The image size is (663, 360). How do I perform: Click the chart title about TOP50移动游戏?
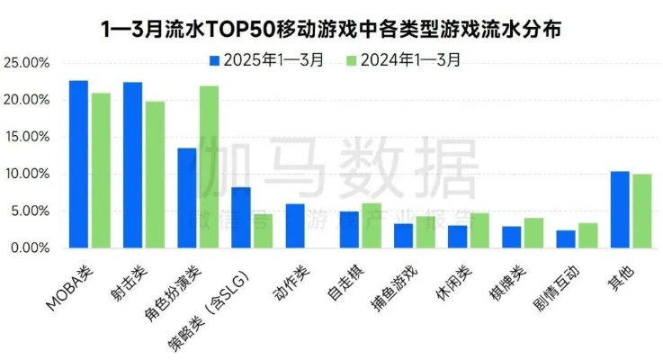tap(330, 28)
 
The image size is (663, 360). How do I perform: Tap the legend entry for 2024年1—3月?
tap(405, 61)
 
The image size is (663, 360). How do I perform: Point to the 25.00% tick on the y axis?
tap(26, 64)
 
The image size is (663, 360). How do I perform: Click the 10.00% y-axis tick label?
tap(26, 174)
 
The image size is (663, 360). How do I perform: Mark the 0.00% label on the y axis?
tap(29, 247)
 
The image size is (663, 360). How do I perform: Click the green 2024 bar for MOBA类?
tap(100, 170)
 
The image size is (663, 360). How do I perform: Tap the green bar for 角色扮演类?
tap(208, 166)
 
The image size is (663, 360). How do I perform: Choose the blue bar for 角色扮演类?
tap(186, 197)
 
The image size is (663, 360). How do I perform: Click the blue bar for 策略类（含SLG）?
tap(240, 217)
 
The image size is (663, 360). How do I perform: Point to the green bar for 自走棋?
tap(371, 225)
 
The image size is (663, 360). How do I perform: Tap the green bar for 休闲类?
tap(479, 230)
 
